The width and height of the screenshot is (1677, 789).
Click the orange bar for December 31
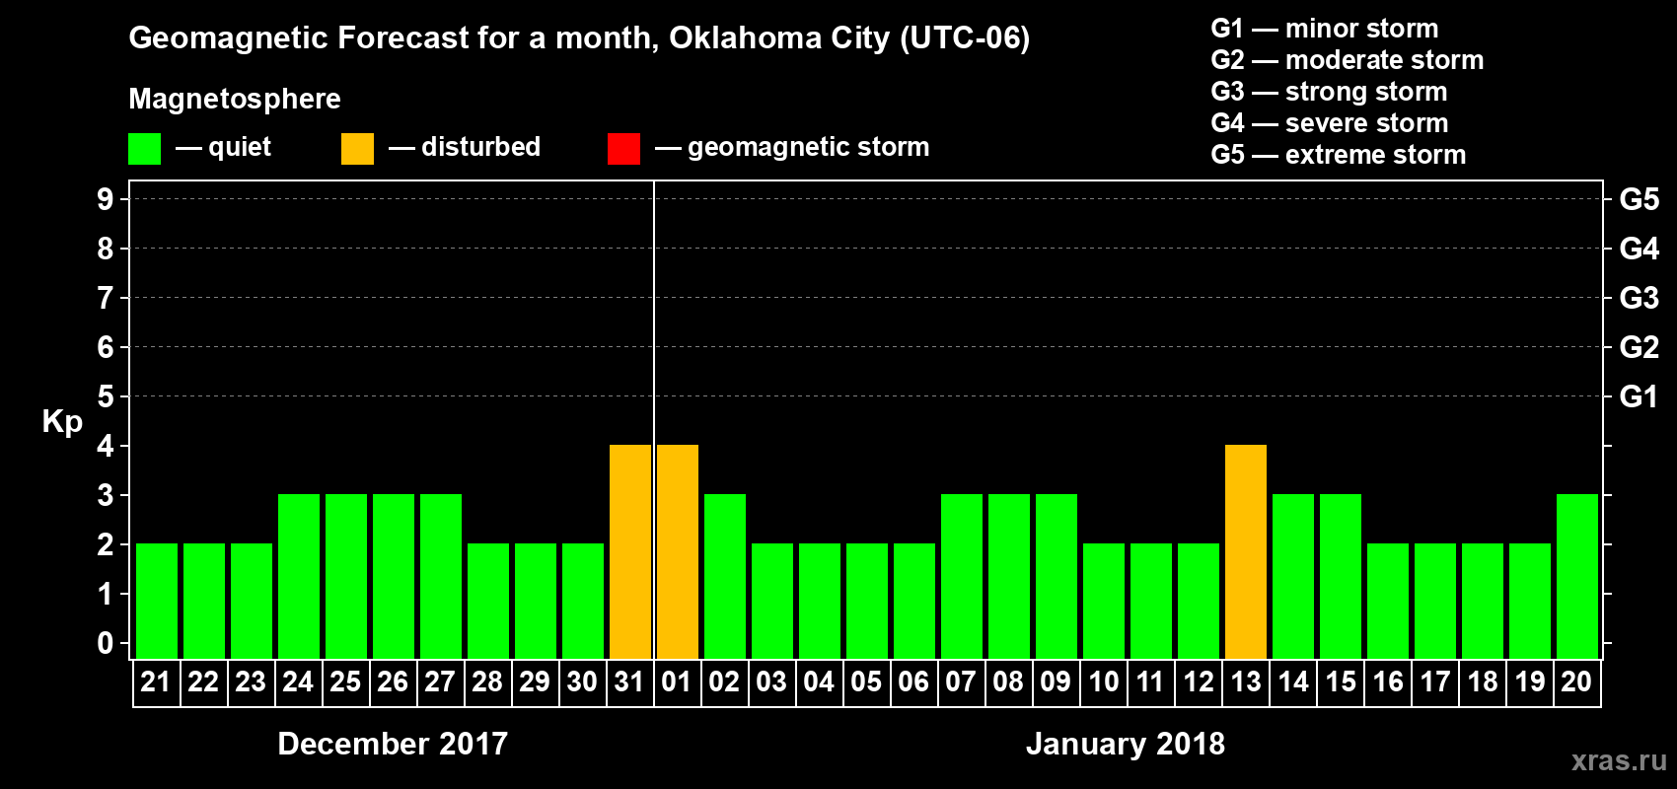[630, 551]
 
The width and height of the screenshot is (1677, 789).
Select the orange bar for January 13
[1246, 551]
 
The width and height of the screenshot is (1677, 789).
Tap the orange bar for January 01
[678, 551]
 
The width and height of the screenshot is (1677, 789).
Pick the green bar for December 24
[299, 576]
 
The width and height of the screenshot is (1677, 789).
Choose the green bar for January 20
[1577, 576]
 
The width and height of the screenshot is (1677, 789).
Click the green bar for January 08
[1009, 576]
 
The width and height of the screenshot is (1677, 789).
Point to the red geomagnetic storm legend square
[623, 149]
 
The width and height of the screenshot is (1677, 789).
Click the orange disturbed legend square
[357, 149]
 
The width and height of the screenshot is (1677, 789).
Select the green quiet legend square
[144, 149]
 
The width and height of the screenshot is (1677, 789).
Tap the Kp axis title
[62, 422]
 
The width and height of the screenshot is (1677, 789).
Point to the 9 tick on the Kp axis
[106, 199]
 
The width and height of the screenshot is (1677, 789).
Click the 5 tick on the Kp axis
[106, 396]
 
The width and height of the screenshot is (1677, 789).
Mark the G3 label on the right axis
[1639, 298]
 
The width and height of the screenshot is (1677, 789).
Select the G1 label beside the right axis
[1639, 396]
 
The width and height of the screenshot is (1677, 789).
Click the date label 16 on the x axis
[1388, 681]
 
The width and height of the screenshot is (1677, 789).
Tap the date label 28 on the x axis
[487, 681]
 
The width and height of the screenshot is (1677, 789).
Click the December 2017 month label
[393, 744]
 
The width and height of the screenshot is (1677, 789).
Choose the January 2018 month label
[1126, 744]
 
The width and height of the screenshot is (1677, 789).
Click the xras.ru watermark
[1619, 760]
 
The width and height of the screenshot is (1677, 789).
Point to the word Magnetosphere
[235, 99]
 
